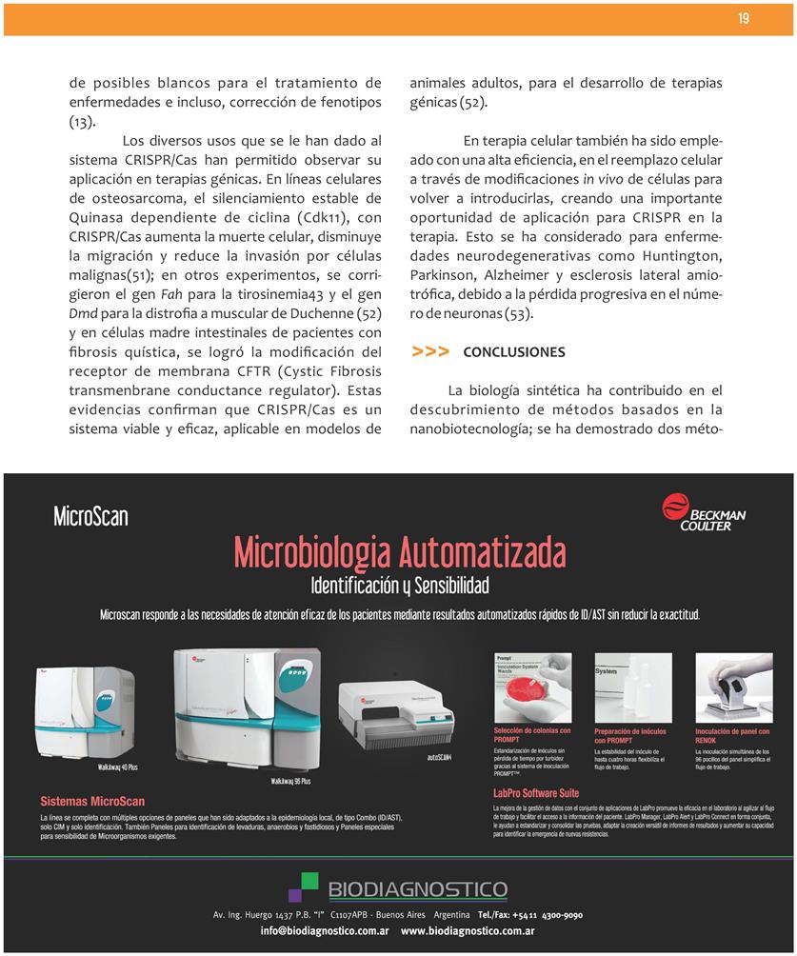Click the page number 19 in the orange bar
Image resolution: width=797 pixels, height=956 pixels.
[744, 19]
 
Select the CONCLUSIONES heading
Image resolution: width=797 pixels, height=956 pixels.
[513, 352]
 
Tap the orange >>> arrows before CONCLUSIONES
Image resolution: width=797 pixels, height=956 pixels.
[430, 352]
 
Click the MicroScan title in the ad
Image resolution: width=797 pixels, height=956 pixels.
[90, 517]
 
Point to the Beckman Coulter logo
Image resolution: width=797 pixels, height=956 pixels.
[704, 512]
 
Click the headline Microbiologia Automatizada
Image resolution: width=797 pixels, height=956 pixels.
[399, 551]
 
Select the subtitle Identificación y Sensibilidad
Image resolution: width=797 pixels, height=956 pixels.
[399, 584]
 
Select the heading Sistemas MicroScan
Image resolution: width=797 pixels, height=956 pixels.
[92, 802]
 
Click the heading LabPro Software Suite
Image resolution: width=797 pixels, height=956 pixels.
[535, 792]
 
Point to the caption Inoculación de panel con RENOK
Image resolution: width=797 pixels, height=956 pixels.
[732, 735]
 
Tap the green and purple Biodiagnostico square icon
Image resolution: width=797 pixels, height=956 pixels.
[304, 887]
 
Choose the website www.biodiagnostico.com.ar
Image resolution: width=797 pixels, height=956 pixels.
[467, 931]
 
